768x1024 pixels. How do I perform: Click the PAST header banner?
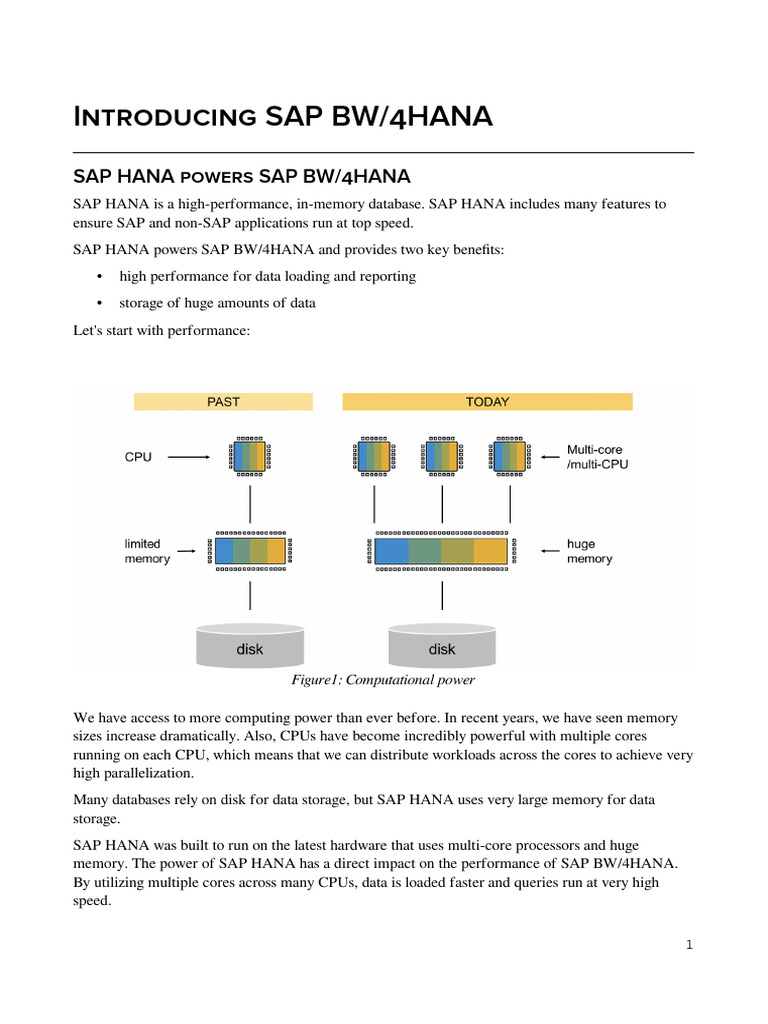[x=223, y=402]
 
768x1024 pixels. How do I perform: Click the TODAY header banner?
[x=487, y=402]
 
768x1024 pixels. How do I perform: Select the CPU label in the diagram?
[x=138, y=457]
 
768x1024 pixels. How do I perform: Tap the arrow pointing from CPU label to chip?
[x=188, y=457]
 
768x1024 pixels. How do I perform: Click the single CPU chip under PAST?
[x=250, y=456]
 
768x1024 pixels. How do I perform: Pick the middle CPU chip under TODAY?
[x=442, y=456]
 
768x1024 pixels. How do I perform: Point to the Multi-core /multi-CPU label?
[x=598, y=457]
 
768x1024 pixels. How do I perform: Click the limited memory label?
[x=146, y=551]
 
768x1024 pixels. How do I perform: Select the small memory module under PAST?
[x=250, y=551]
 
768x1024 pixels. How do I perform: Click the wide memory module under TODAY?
[x=441, y=551]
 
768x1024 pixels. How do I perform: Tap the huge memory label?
[x=589, y=551]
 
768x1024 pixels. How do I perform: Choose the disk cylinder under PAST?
[x=250, y=646]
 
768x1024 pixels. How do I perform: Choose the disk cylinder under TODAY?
[x=441, y=646]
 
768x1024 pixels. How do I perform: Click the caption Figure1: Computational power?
[x=383, y=681]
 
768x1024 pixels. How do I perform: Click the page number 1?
[x=689, y=945]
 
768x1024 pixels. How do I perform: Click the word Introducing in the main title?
[x=165, y=117]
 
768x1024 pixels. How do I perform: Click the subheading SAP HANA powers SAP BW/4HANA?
[x=242, y=177]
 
